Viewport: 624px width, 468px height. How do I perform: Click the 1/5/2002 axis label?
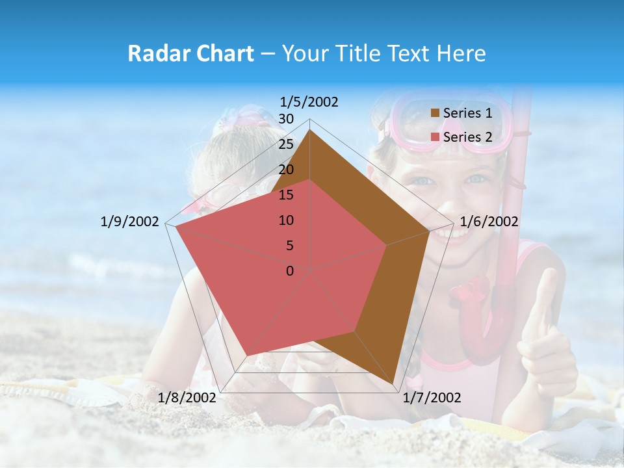[309, 102]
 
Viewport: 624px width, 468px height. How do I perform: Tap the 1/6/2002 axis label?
[489, 222]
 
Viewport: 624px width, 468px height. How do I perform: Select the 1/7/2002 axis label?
[432, 398]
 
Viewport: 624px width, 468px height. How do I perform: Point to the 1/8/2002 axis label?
[187, 398]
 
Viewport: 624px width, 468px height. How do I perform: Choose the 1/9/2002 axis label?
[129, 222]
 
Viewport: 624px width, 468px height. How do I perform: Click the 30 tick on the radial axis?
[286, 119]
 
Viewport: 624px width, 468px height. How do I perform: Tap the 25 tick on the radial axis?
[286, 144]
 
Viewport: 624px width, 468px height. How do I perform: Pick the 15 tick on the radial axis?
[286, 195]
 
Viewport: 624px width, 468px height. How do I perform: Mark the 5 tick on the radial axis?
[289, 246]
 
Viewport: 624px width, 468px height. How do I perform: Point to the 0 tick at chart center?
[290, 271]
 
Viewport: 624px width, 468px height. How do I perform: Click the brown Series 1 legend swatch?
[435, 114]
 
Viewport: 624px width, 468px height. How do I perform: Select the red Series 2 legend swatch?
[435, 137]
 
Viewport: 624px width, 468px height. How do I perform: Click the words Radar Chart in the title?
[190, 54]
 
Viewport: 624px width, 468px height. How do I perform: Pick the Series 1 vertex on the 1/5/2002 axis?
[310, 131]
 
